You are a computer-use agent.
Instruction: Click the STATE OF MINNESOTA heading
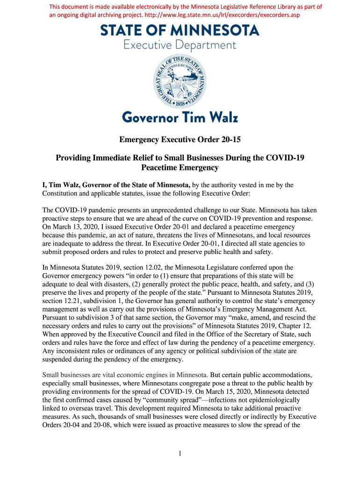pos(180,31)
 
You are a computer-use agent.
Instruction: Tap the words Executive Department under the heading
pos(180,45)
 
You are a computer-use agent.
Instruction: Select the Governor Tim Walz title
pos(180,117)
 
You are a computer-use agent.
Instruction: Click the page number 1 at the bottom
pos(180,453)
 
